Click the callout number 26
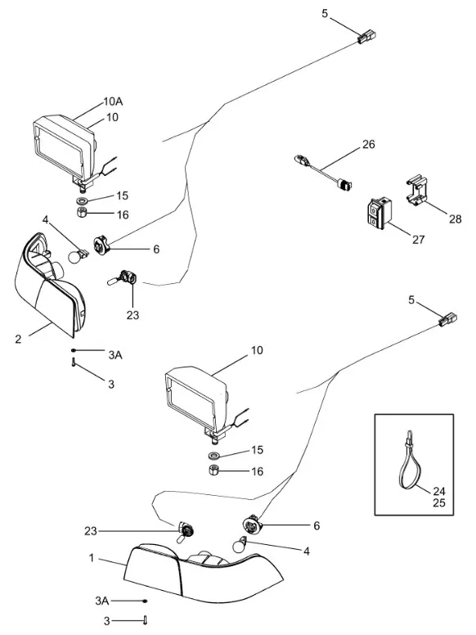pos(368,144)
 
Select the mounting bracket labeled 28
pos(417,190)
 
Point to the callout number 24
pos(439,491)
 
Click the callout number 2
pos(18,340)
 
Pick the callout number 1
pos(92,558)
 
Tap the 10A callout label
pos(114,101)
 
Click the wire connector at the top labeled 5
pos(366,36)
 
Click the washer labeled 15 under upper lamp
pos(83,200)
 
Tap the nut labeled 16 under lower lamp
pos(214,471)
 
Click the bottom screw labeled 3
pos(145,620)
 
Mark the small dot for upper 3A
pos(74,350)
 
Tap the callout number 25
pos(439,503)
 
